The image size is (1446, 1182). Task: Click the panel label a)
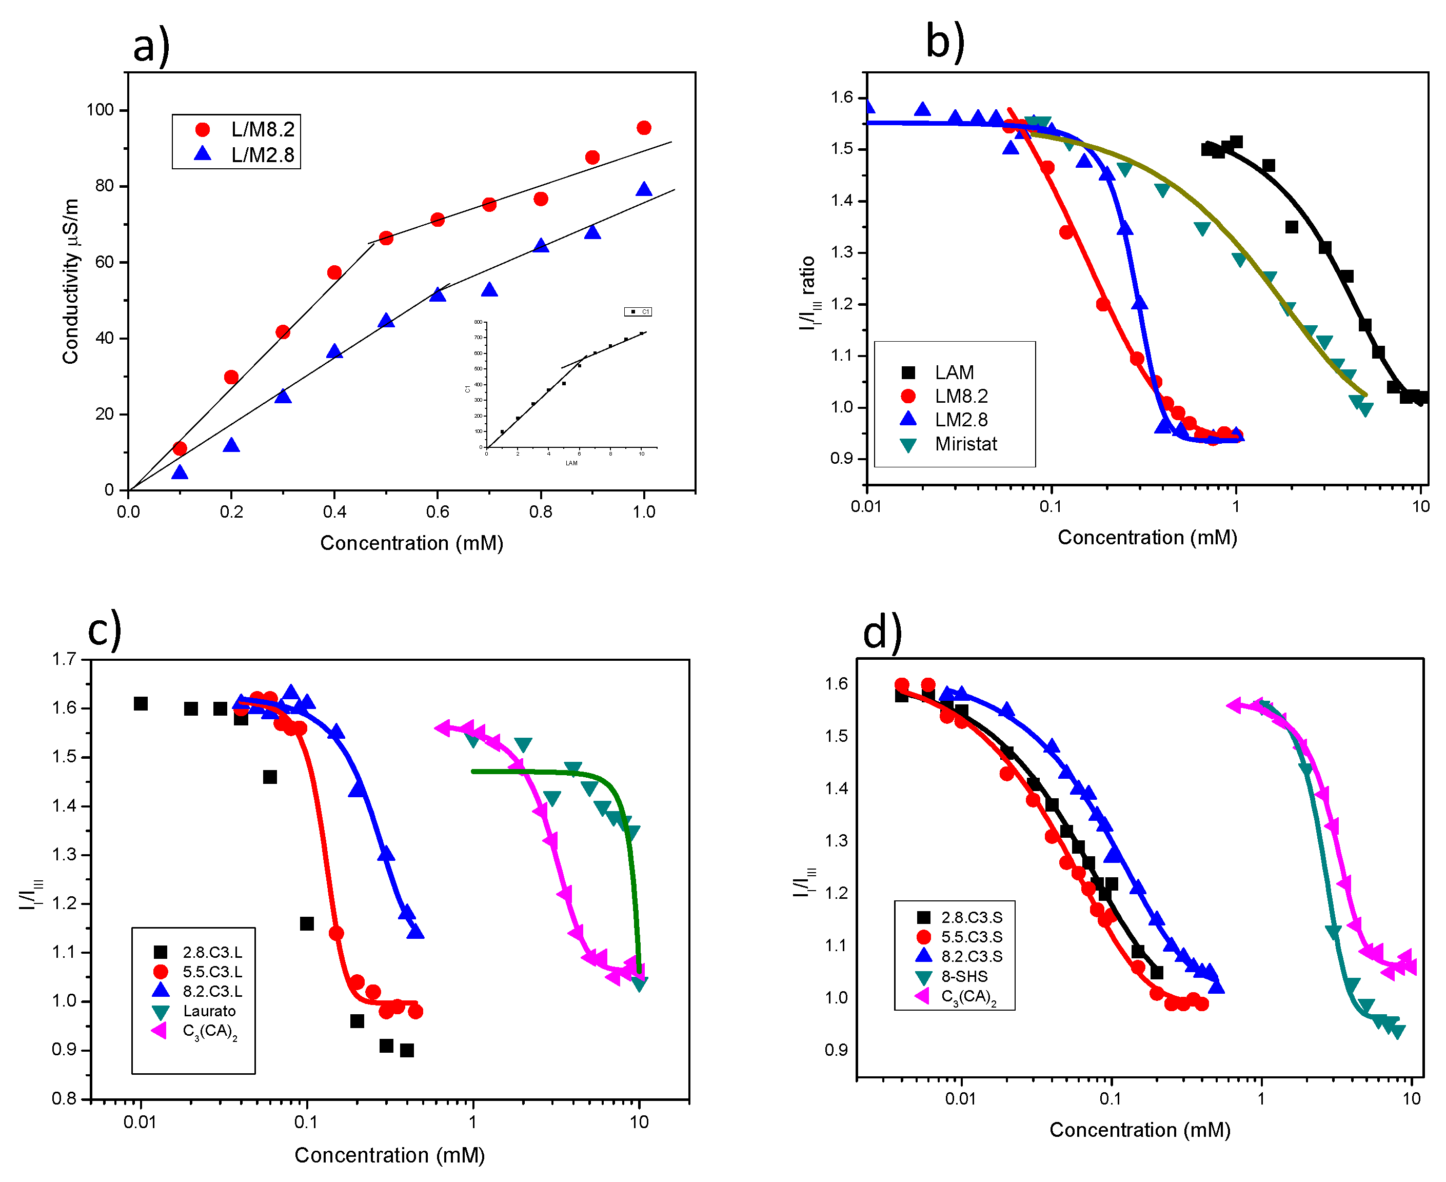point(151,46)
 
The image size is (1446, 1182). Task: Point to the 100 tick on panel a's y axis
point(100,110)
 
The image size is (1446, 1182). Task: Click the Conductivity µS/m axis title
point(71,281)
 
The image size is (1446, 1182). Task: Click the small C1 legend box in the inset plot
point(638,312)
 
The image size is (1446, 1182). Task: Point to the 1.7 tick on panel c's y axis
point(64,659)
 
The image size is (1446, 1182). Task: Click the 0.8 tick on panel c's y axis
point(64,1099)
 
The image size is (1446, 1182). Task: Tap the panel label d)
point(882,633)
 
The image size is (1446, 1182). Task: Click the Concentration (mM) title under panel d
point(1140,1130)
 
